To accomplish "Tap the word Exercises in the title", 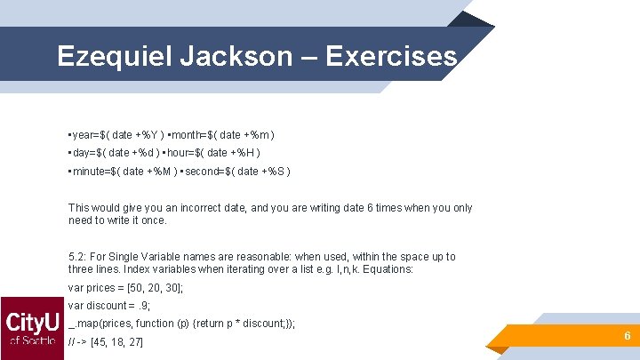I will pos(391,56).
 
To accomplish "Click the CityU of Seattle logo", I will pos(32,328).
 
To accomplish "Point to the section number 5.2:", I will pos(77,257).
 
